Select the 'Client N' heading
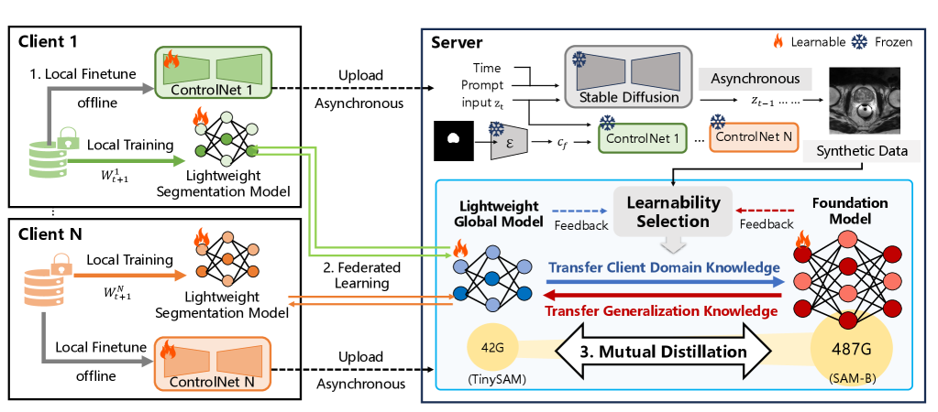click(49, 233)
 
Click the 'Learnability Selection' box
click(673, 212)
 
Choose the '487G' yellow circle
click(852, 349)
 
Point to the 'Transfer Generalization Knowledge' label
click(657, 311)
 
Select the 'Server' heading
click(457, 43)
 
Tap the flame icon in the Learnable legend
click(778, 42)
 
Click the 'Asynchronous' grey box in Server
click(756, 79)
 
